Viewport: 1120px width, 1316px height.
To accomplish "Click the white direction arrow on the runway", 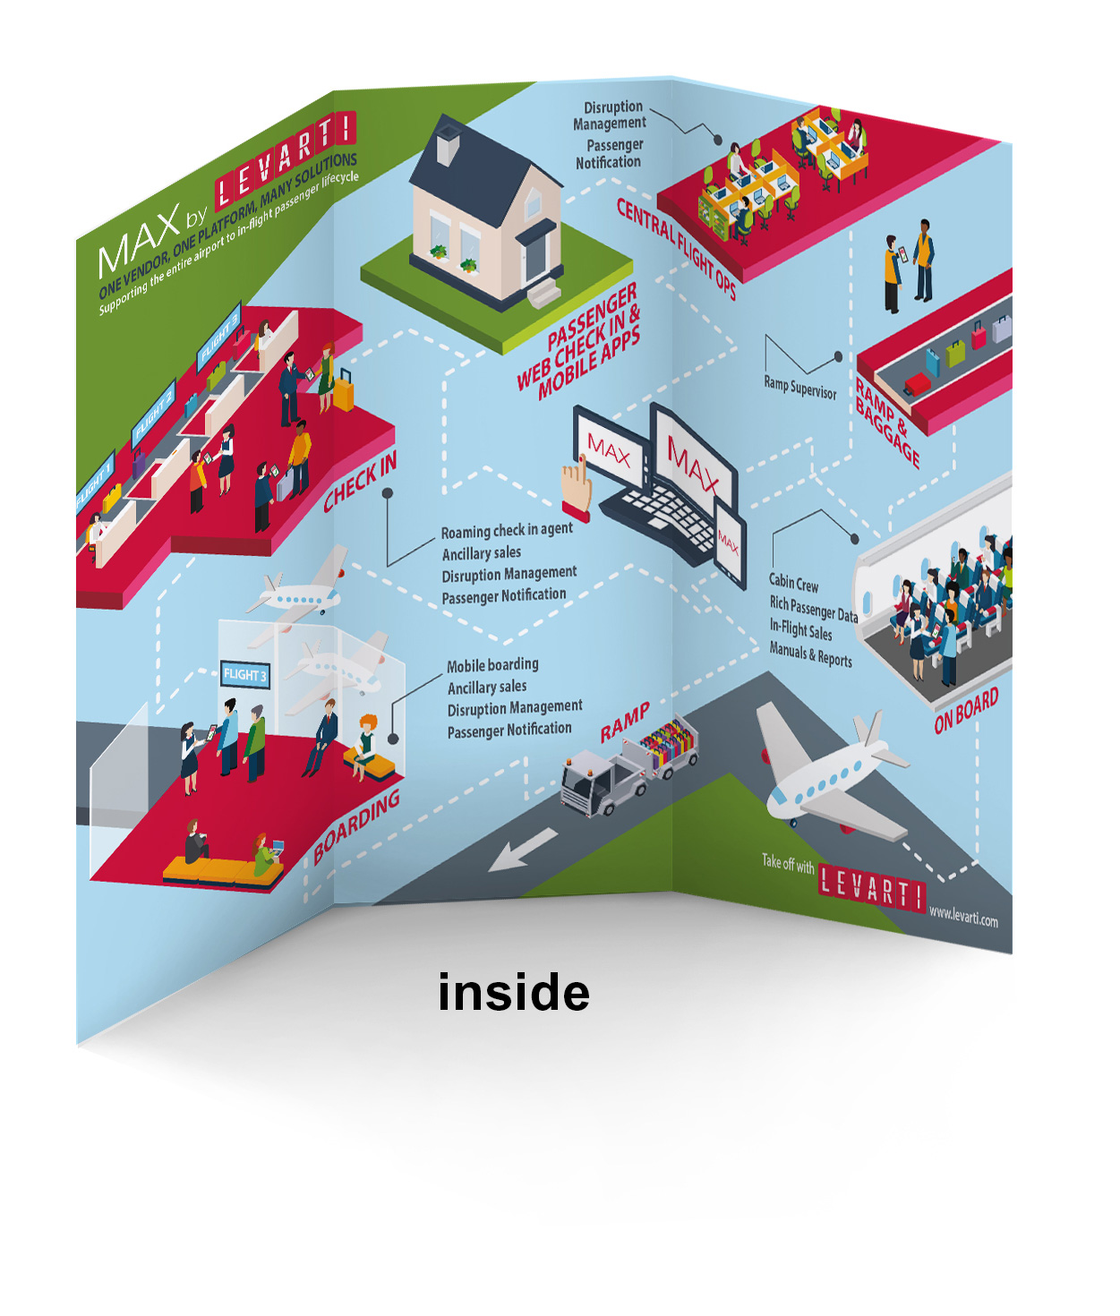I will [523, 850].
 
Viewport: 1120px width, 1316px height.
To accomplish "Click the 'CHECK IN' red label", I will [360, 483].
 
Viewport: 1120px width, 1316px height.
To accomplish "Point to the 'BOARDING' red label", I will [356, 827].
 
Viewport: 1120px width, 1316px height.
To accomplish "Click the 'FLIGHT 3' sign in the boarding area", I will [244, 674].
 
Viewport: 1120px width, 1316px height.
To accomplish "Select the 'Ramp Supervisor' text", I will [799, 387].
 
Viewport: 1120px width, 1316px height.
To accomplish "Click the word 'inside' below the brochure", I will [514, 993].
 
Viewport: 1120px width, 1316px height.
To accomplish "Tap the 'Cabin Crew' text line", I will [793, 583].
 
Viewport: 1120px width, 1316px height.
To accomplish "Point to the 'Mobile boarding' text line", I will [492, 665].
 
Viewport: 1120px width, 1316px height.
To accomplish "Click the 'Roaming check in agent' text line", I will [507, 530].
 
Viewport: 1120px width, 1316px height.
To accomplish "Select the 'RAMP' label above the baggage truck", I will [625, 722].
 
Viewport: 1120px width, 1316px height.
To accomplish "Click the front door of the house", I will [535, 257].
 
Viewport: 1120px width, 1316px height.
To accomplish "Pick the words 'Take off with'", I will [788, 863].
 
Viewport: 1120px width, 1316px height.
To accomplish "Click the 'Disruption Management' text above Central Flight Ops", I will [611, 115].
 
